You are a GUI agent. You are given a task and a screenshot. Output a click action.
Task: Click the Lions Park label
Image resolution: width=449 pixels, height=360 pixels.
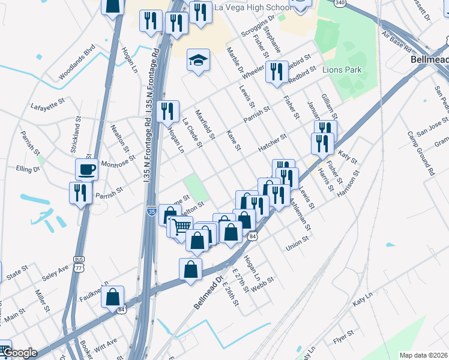(342, 70)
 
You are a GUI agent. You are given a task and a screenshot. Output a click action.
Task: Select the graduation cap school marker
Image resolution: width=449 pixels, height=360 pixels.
(197, 60)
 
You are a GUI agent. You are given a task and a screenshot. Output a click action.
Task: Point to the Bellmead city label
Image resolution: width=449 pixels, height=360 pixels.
(430, 60)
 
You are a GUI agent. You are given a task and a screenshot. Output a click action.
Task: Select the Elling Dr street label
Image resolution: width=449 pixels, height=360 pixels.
(28, 170)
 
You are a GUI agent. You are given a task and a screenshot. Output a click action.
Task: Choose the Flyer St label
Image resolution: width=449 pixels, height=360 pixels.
(344, 333)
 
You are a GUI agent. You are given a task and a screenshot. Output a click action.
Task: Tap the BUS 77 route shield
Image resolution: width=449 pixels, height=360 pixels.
(79, 263)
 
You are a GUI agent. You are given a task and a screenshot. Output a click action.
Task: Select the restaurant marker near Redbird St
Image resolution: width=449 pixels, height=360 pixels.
(276, 72)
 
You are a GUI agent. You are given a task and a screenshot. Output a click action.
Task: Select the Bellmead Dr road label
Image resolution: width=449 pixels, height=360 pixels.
(208, 293)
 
